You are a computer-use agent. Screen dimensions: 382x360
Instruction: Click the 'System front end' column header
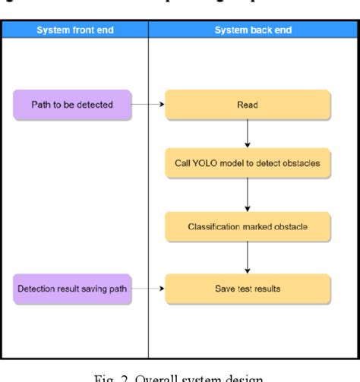pos(74,30)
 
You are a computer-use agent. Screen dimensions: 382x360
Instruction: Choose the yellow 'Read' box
pos(248,105)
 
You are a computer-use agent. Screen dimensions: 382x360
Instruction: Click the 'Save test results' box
pos(248,288)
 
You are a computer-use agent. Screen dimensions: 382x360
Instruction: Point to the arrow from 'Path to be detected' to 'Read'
pos(148,105)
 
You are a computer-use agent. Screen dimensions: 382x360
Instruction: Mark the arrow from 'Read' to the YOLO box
pos(248,135)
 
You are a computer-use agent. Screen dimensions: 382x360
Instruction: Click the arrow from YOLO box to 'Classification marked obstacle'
pos(248,197)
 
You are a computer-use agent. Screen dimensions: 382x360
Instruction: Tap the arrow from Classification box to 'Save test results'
pos(248,257)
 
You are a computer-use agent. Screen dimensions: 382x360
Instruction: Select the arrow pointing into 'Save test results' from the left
pos(148,288)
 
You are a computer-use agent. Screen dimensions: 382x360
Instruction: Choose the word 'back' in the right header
pos(250,30)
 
